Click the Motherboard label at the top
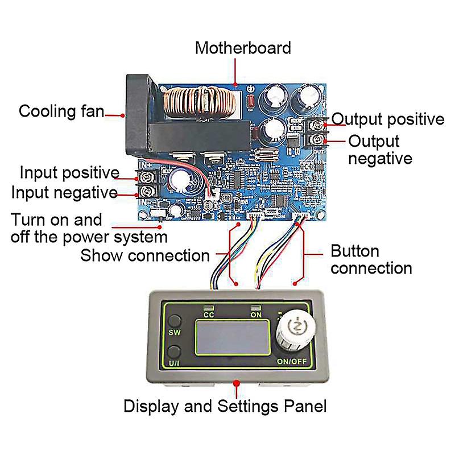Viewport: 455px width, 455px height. (x=243, y=47)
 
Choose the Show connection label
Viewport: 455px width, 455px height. (x=145, y=255)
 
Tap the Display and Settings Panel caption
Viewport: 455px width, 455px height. (x=225, y=406)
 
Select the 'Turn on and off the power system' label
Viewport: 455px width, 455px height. (x=89, y=228)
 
